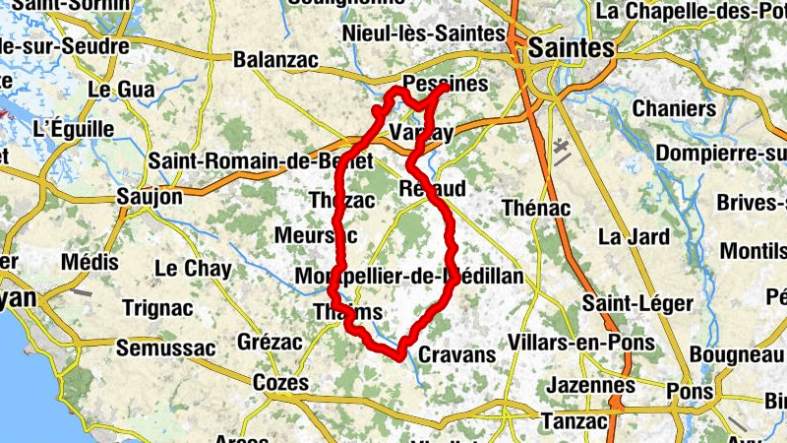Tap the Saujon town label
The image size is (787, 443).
[150, 197]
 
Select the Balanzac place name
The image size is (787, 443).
[275, 60]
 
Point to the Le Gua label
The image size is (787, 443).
[121, 90]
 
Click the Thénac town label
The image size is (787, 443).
[535, 208]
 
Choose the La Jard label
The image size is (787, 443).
[634, 237]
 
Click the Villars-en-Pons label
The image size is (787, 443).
[581, 343]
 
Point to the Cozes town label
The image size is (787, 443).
[280, 383]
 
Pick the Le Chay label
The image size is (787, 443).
[193, 268]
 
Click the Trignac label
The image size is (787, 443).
[157, 307]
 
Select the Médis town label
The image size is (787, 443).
[89, 263]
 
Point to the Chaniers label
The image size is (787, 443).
[674, 108]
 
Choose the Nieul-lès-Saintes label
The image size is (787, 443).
[423, 34]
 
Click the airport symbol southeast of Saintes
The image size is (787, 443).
[563, 151]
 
